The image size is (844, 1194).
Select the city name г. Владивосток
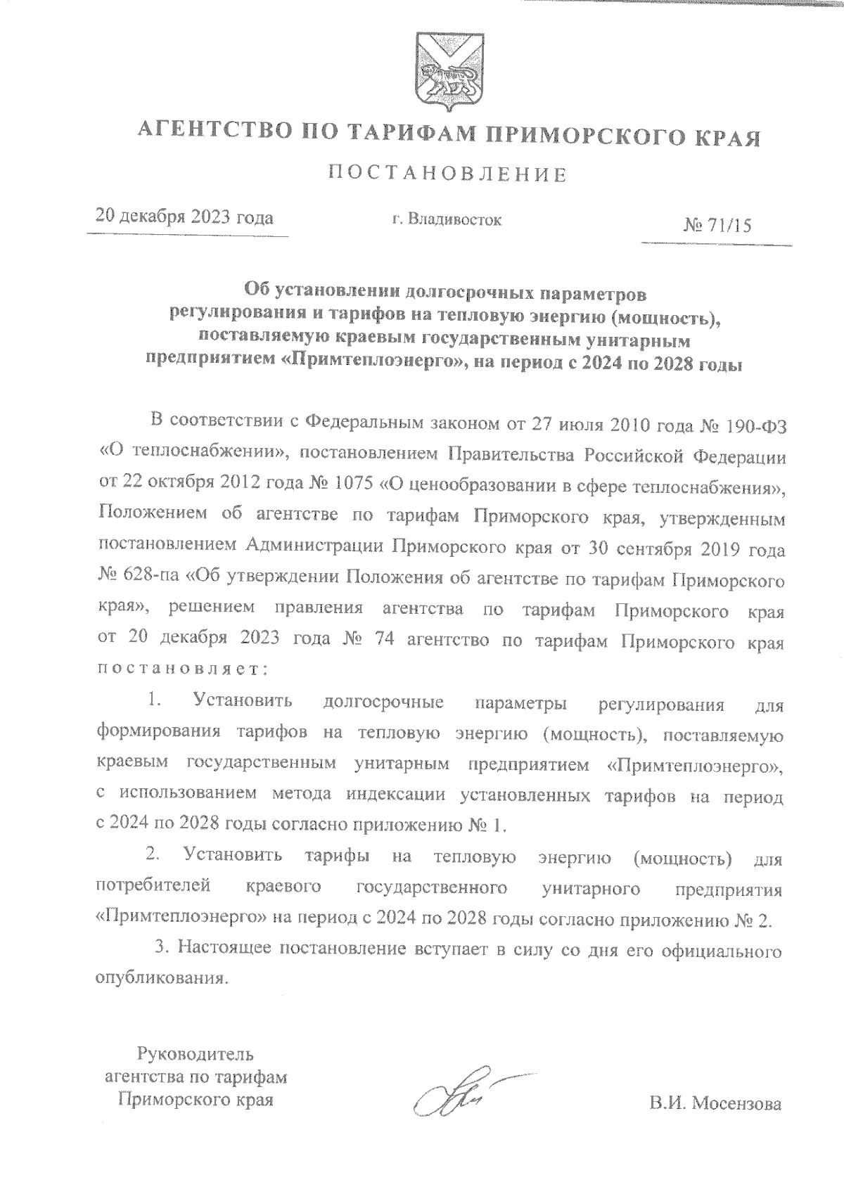tap(447, 220)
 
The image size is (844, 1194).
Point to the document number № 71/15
tap(717, 226)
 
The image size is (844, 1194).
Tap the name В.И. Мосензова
tap(716, 1104)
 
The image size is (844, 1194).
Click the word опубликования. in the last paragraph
tap(162, 977)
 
